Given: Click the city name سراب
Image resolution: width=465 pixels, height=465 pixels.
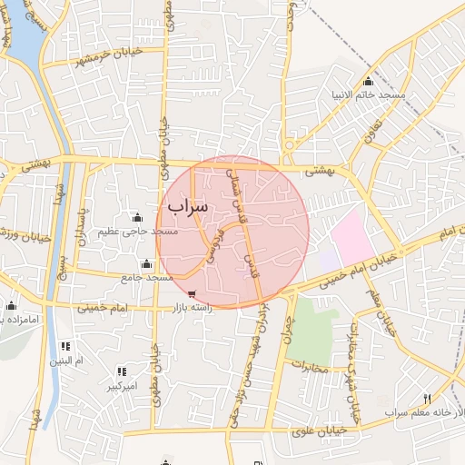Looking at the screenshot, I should pos(188,206).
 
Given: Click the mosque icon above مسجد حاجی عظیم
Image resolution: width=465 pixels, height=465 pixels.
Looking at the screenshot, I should pos(137,217).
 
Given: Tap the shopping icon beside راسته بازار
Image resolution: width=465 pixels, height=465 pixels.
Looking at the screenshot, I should pos(192,294).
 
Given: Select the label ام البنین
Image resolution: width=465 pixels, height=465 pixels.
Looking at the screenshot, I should pos(66,361).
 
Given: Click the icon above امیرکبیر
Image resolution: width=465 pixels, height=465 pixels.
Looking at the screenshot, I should pos(121,371).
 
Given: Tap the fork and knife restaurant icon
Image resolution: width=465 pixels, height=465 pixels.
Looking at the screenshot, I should pos(427,399).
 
